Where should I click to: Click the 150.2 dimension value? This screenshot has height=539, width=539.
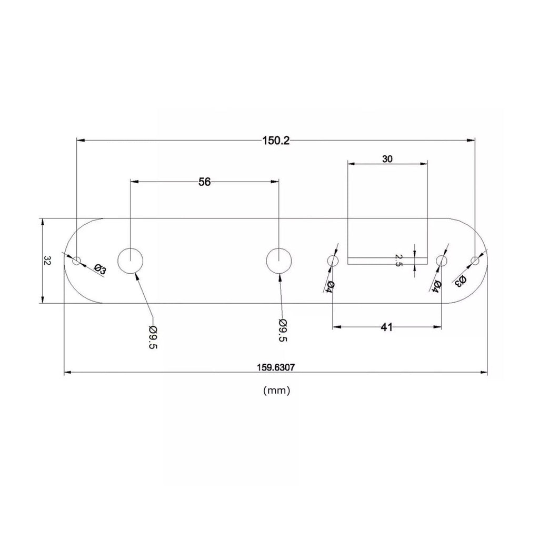pyautogui.click(x=276, y=141)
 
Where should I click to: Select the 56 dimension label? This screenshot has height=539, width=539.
pyautogui.click(x=205, y=182)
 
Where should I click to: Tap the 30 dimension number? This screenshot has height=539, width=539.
pyautogui.click(x=387, y=159)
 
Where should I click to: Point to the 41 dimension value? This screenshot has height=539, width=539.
pyautogui.click(x=387, y=327)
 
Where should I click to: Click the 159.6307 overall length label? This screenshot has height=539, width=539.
pyautogui.click(x=276, y=367)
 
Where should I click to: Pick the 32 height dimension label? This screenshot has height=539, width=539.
pyautogui.click(x=47, y=260)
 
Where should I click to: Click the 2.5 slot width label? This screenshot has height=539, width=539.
pyautogui.click(x=398, y=260)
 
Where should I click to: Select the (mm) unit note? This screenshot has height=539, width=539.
pyautogui.click(x=277, y=391)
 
